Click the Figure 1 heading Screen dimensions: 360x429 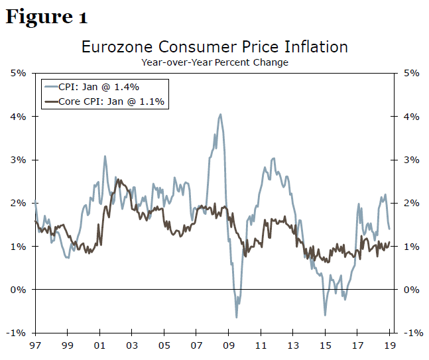pyautogui.click(x=46, y=17)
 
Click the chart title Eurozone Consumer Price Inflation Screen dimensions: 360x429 pyautogui.click(x=214, y=47)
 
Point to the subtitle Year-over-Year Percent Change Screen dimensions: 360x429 pyautogui.click(x=214, y=62)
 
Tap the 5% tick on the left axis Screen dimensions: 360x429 pyautogui.click(x=18, y=73)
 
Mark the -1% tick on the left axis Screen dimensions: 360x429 pyautogui.click(x=17, y=333)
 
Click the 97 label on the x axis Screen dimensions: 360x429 pyautogui.click(x=34, y=346)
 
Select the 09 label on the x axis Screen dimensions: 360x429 pyautogui.click(x=229, y=346)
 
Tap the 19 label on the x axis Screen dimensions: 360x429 pyautogui.click(x=391, y=346)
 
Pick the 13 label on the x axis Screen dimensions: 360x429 pyautogui.click(x=294, y=346)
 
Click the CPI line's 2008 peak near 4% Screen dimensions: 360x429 pyautogui.click(x=220, y=114)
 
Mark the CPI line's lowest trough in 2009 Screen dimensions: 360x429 pyautogui.click(x=236, y=318)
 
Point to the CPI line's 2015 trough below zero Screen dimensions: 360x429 pyautogui.click(x=325, y=315)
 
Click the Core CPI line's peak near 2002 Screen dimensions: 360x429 pyautogui.click(x=118, y=179)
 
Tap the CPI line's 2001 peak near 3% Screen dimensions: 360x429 pyautogui.click(x=105, y=156)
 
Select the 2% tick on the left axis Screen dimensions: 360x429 pyautogui.click(x=18, y=203)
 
